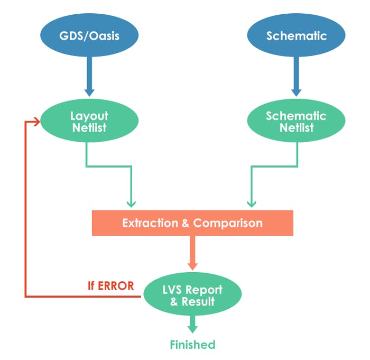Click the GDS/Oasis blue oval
click(89, 36)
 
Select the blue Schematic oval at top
click(297, 36)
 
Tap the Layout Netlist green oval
click(89, 122)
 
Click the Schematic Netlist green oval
click(297, 122)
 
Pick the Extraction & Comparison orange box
click(192, 223)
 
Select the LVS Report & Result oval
click(192, 296)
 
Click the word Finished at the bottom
click(192, 345)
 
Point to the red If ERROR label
click(110, 285)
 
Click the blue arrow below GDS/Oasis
click(89, 77)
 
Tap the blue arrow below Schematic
click(297, 77)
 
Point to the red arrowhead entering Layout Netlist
click(37, 122)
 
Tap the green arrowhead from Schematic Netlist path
click(252, 202)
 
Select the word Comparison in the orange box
click(228, 223)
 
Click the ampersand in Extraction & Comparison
click(186, 223)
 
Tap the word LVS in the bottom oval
click(172, 290)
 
